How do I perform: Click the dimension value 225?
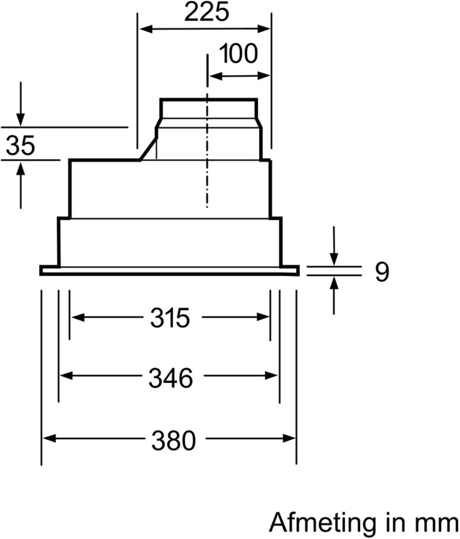[x=206, y=13]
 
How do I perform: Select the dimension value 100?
[x=238, y=54]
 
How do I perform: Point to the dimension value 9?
[x=382, y=272]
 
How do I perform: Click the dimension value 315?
[x=170, y=318]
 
